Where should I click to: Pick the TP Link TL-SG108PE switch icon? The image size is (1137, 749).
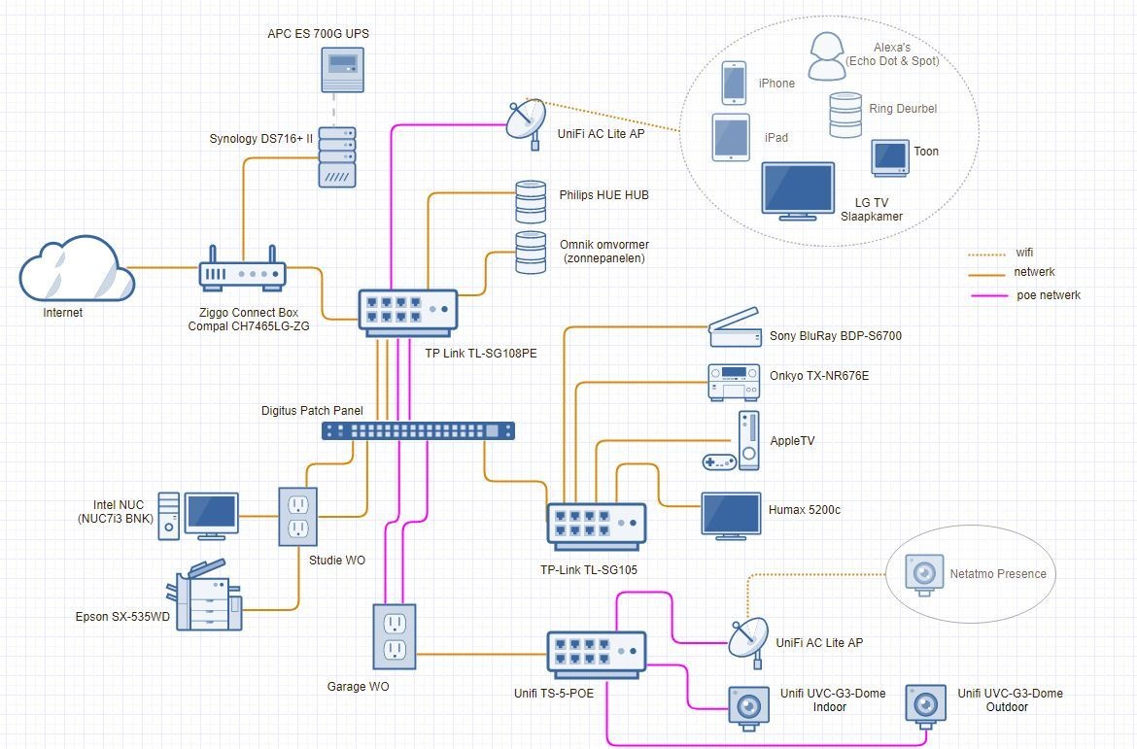(407, 312)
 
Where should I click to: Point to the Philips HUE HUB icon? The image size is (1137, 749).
(531, 201)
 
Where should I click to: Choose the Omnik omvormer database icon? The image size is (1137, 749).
(531, 252)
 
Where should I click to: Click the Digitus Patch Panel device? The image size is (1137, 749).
(418, 430)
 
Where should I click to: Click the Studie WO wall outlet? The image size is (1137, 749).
(298, 516)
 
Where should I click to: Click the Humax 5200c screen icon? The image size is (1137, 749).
(731, 515)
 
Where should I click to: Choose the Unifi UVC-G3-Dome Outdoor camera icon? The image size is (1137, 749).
(924, 702)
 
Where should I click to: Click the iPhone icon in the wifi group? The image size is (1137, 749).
(734, 83)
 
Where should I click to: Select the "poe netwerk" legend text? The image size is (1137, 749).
(1049, 295)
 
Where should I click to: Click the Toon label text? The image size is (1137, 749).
(926, 152)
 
